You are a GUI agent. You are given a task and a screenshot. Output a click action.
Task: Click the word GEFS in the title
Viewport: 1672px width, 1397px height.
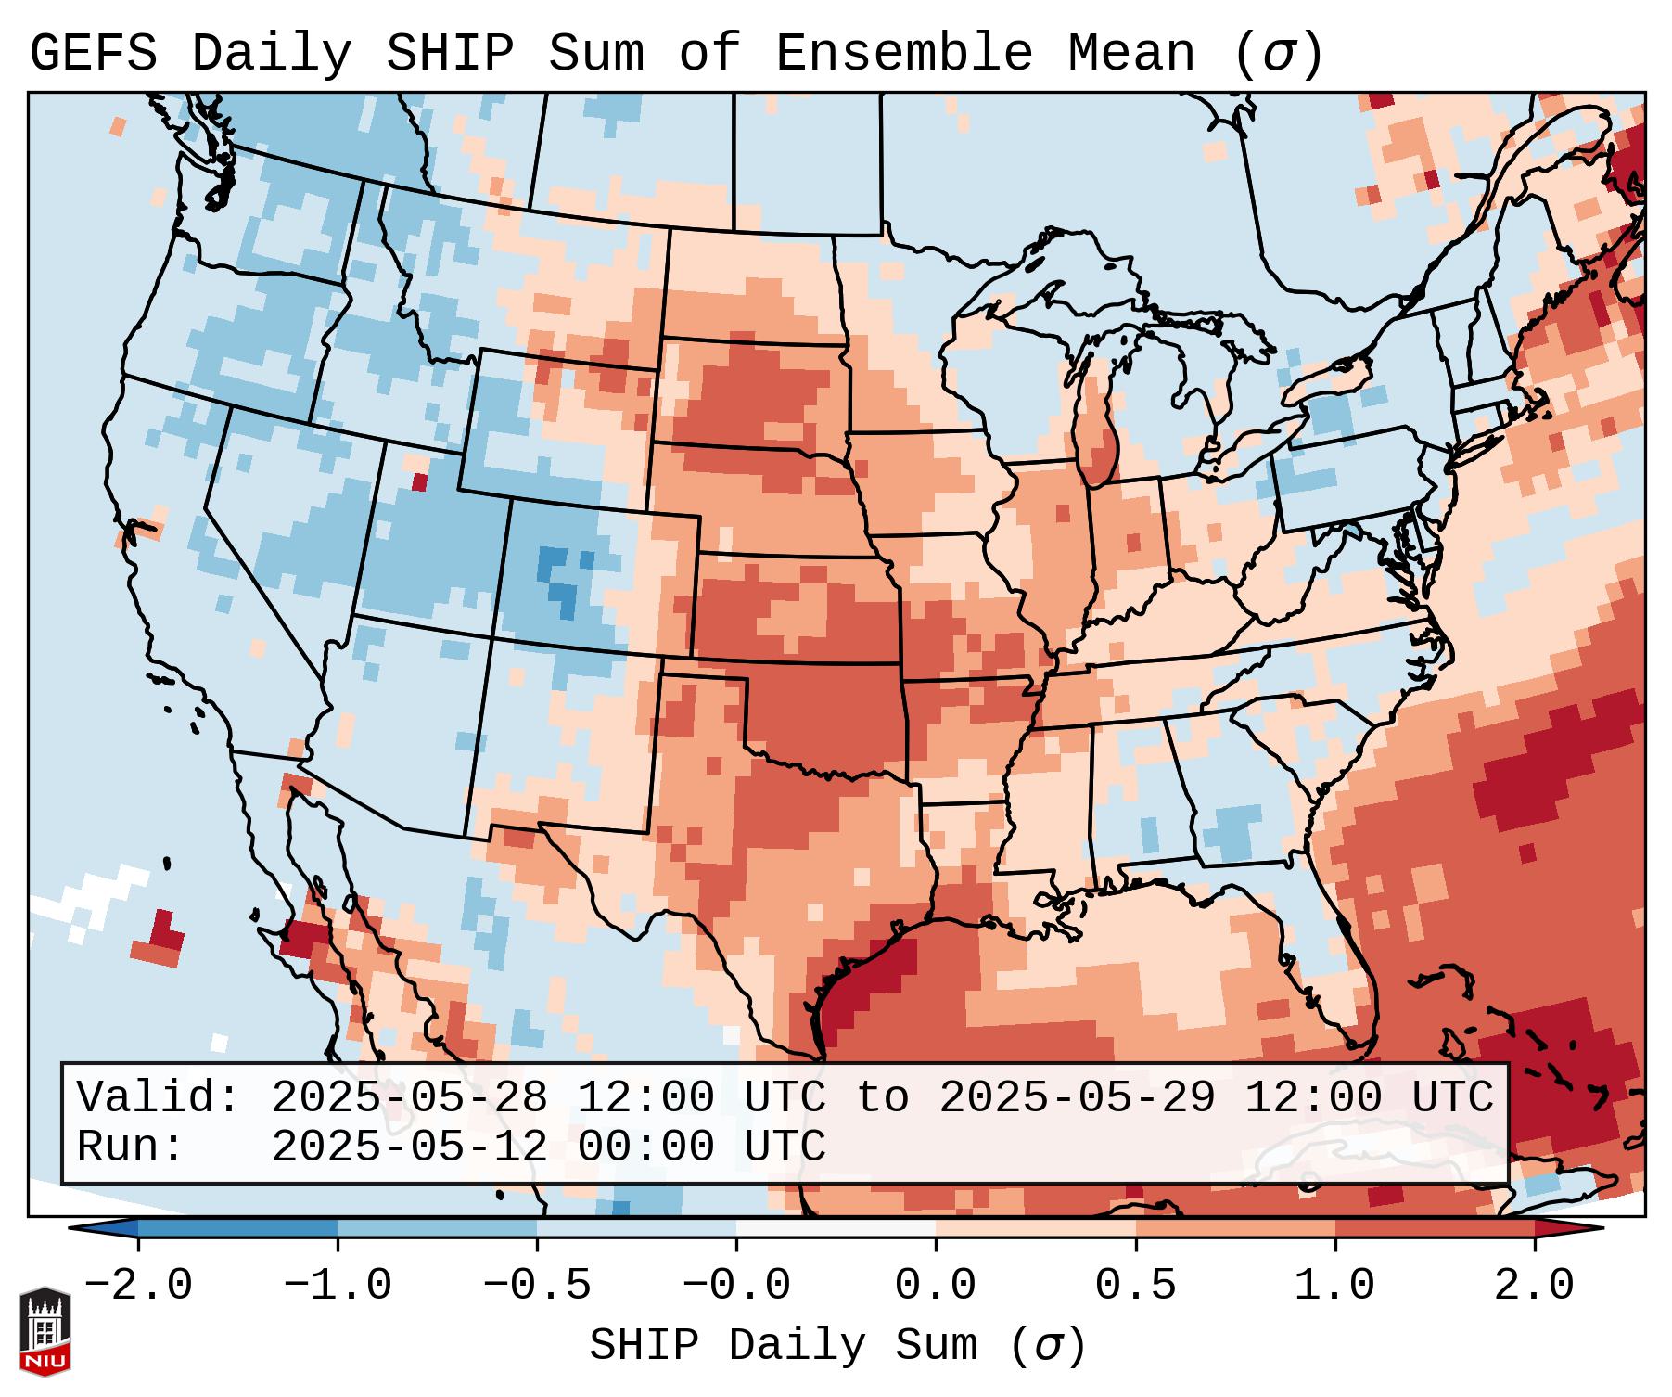93,53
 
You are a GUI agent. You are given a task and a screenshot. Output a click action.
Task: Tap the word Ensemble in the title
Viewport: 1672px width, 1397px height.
903,53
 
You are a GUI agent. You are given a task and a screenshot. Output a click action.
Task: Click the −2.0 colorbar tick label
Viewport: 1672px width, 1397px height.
138,1286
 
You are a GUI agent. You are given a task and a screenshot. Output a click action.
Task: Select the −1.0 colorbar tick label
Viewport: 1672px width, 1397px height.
338,1286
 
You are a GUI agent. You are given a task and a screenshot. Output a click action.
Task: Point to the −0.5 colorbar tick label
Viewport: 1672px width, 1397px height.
537,1286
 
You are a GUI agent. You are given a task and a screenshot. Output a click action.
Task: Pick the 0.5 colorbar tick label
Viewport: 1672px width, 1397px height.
1135,1286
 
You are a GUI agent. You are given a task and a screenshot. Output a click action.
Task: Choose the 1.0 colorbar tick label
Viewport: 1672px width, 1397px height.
1334,1286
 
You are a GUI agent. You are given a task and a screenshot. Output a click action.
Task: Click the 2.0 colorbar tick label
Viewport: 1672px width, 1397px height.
1534,1286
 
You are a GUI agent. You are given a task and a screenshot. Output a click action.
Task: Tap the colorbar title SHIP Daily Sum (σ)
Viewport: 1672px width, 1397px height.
836,1345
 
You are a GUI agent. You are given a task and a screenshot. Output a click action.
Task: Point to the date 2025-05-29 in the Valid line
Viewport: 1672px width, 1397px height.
1077,1098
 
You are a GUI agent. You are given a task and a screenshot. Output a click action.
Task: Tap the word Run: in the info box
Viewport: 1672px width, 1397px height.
130,1147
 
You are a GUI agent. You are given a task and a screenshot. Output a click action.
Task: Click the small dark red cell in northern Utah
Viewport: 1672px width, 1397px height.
420,481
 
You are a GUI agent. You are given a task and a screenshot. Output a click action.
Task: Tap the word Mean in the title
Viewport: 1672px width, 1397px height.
1131,53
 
